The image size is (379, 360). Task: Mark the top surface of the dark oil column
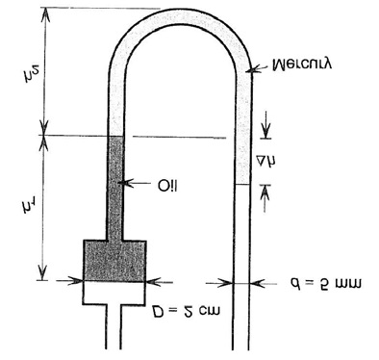click(115, 137)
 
